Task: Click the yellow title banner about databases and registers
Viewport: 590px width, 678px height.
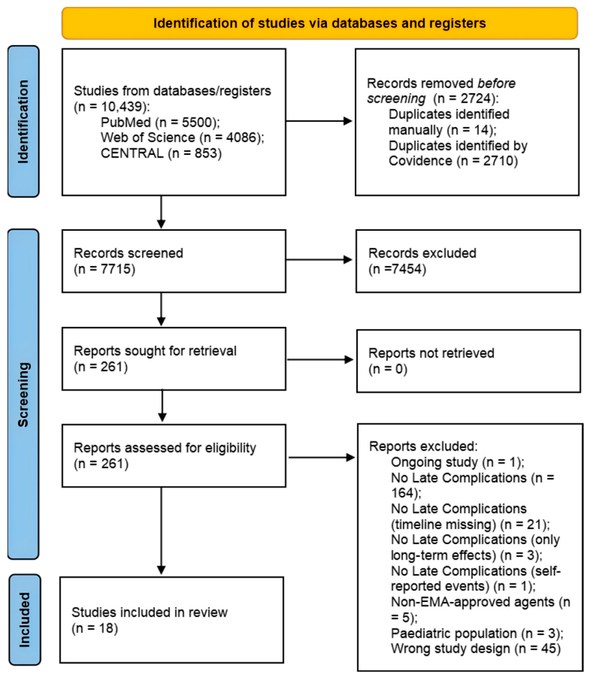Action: pyautogui.click(x=320, y=23)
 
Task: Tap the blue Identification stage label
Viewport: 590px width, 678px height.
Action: pyautogui.click(x=24, y=122)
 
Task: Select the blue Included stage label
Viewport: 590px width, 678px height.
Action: pyautogui.click(x=25, y=620)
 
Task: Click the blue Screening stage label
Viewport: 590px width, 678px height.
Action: pyautogui.click(x=24, y=394)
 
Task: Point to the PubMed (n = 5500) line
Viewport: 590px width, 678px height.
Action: pyautogui.click(x=160, y=123)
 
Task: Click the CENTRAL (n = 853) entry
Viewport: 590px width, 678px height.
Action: pyautogui.click(x=161, y=153)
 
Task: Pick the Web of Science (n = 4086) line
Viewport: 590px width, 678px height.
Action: pyautogui.click(x=182, y=138)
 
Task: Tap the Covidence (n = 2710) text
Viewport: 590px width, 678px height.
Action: pyautogui.click(x=453, y=161)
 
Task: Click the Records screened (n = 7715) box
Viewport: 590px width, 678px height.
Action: pyautogui.click(x=174, y=261)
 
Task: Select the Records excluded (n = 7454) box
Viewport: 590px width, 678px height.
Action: pyautogui.click(x=468, y=261)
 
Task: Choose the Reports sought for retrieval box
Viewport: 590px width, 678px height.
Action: pyautogui.click(x=174, y=359)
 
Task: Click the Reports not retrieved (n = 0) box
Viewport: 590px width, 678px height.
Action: pyautogui.click(x=468, y=361)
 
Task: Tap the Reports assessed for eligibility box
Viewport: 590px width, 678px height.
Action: pyautogui.click(x=174, y=456)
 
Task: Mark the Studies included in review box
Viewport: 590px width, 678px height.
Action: pyautogui.click(x=172, y=620)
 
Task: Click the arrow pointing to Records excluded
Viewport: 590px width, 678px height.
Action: pyautogui.click(x=319, y=259)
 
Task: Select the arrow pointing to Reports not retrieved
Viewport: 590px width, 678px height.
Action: pyautogui.click(x=320, y=359)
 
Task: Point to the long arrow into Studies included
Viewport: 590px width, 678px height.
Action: pyautogui.click(x=161, y=531)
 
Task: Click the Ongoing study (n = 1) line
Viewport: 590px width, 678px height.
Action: pyautogui.click(x=457, y=462)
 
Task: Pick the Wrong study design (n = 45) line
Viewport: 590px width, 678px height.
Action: pyautogui.click(x=476, y=649)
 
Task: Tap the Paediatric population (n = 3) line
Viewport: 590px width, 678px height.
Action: pyautogui.click(x=477, y=634)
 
